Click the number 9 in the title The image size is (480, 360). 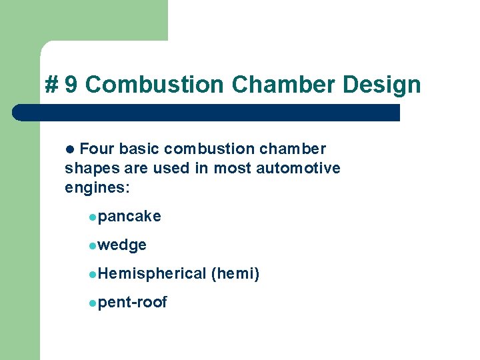tap(71, 85)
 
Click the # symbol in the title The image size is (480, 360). tap(51, 85)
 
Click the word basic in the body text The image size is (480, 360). tap(139, 149)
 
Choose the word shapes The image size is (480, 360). tap(87, 169)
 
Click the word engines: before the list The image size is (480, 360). tap(97, 188)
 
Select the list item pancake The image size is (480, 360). tap(129, 217)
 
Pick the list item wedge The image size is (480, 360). tap(122, 245)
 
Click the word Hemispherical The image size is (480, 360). tap(152, 273)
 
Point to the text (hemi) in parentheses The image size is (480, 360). tap(235, 273)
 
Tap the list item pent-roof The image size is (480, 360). tap(132, 303)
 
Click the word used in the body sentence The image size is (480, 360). tap(171, 168)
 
